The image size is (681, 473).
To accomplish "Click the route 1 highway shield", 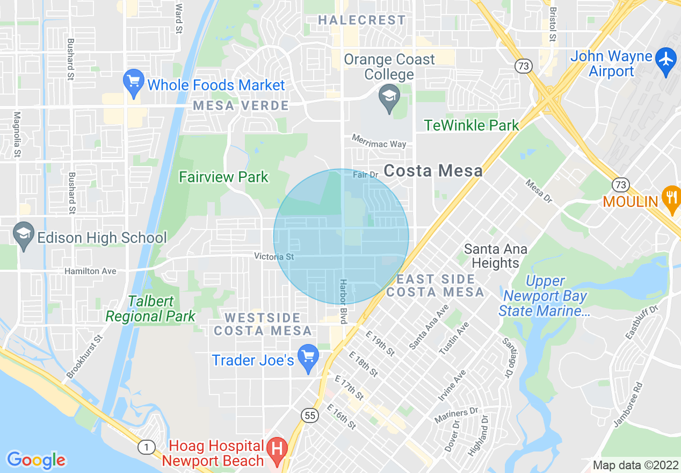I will (x=145, y=446).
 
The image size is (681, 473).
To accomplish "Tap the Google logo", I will (x=36, y=460).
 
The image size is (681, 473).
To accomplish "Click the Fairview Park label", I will (x=223, y=177).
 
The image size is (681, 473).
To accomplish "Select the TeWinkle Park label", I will (x=472, y=125).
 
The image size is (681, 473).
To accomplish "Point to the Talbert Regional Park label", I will (x=151, y=309).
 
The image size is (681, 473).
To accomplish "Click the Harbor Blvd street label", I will (x=343, y=301).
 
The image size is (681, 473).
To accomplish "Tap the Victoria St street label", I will (x=274, y=256).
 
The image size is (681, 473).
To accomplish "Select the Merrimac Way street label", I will (x=379, y=141).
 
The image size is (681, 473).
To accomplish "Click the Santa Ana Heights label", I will (x=495, y=256).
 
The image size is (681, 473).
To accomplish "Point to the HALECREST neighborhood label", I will (x=362, y=20).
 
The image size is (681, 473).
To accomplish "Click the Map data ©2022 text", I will (x=635, y=465).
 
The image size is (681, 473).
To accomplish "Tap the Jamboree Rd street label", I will (x=628, y=404).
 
